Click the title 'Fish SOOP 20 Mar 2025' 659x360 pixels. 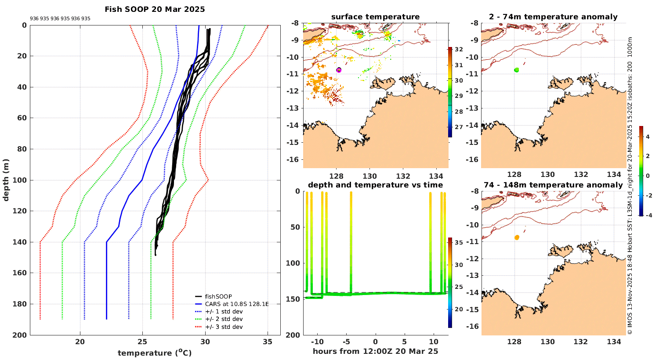click(155, 9)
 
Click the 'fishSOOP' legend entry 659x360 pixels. click(218, 296)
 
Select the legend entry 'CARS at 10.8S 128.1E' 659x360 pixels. click(236, 304)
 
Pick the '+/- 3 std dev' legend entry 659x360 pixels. click(224, 327)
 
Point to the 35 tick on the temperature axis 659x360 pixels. click(268, 342)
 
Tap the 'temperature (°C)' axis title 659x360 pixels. click(155, 353)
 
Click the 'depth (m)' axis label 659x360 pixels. click(6, 180)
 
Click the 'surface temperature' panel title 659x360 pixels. click(375, 17)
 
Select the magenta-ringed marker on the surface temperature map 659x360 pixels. click(339, 70)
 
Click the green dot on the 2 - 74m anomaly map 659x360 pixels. click(517, 70)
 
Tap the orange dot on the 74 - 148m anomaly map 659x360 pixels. click(517, 238)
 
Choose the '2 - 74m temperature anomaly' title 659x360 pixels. click(553, 17)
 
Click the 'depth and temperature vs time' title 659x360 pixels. click(375, 185)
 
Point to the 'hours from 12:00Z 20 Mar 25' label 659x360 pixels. click(375, 351)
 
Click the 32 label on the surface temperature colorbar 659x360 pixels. click(459, 50)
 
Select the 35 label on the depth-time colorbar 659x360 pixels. click(459, 243)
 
